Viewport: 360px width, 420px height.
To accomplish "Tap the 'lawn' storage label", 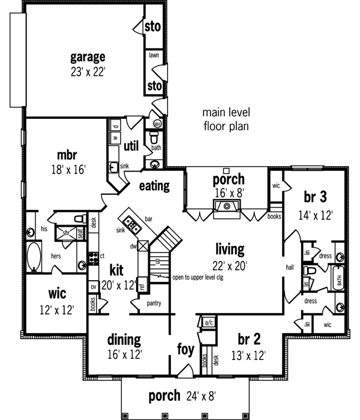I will pos(153,54).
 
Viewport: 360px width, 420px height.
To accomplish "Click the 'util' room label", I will pos(131,146).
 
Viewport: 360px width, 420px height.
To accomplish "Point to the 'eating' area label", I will pos(155,186).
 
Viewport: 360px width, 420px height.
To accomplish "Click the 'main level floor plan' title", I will pos(226,119).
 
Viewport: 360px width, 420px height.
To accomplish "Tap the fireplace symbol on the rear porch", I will pos(227,206).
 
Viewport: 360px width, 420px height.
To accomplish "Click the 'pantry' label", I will pos(154,304).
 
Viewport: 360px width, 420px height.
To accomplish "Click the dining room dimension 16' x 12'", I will pos(124,355).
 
